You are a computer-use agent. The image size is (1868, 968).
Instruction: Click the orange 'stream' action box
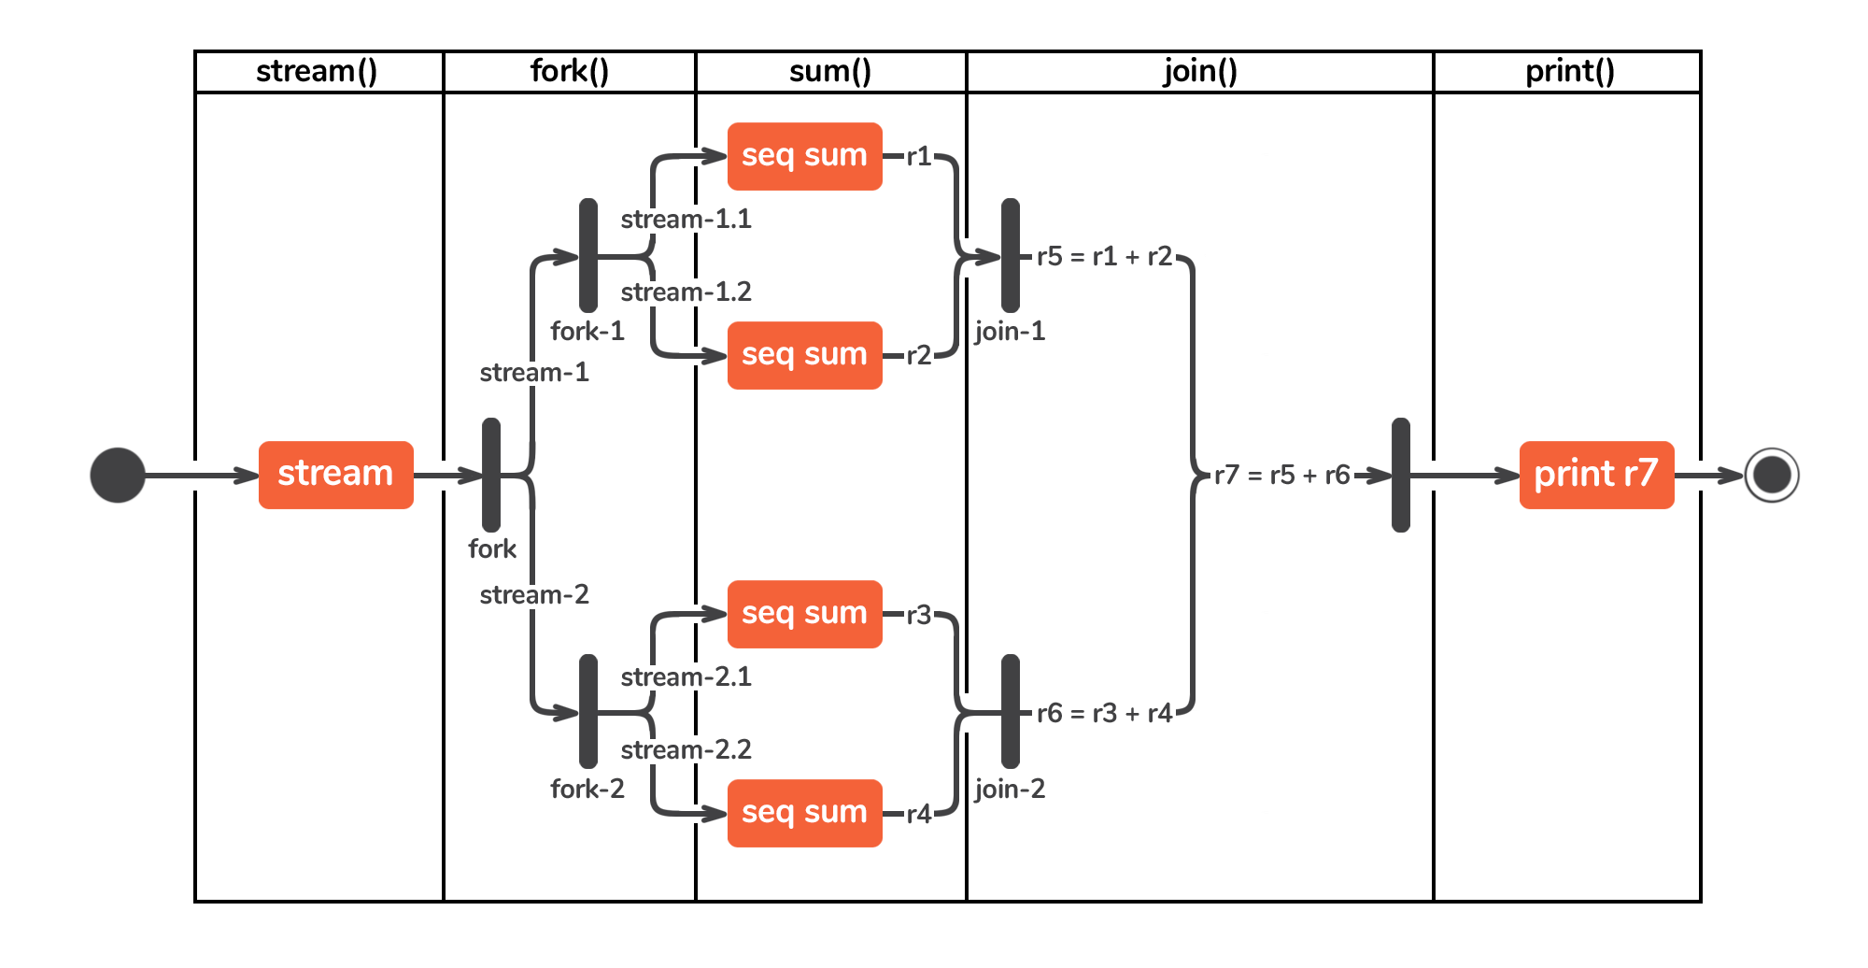click(335, 475)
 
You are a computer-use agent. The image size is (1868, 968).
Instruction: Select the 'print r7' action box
click(1596, 475)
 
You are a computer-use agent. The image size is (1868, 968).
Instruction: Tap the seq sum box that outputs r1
click(804, 156)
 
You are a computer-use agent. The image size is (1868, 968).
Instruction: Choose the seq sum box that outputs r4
click(804, 813)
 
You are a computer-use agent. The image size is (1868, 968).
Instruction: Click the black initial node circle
click(118, 476)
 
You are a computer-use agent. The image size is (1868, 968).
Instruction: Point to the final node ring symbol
click(1772, 476)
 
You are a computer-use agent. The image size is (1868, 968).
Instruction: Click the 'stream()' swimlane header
click(318, 72)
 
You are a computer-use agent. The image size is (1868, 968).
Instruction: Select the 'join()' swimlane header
click(1200, 72)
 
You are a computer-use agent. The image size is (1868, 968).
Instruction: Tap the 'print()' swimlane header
click(1569, 72)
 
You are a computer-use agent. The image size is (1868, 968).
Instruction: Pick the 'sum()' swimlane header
click(830, 72)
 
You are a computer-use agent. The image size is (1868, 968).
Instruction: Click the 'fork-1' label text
click(587, 332)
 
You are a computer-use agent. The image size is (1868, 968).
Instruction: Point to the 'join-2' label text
click(1010, 790)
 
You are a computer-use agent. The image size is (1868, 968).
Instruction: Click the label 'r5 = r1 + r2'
click(1104, 257)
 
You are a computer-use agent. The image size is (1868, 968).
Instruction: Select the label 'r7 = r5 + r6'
click(1281, 476)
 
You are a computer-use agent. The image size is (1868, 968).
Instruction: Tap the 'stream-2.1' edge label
click(686, 677)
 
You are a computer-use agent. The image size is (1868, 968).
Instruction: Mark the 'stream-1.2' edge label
click(686, 292)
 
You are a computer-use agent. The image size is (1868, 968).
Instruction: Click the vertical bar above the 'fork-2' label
click(588, 712)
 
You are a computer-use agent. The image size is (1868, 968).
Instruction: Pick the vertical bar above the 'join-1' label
click(1011, 255)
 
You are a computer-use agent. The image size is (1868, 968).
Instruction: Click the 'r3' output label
click(919, 615)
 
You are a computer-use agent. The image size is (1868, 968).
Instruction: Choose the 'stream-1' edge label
click(534, 373)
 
